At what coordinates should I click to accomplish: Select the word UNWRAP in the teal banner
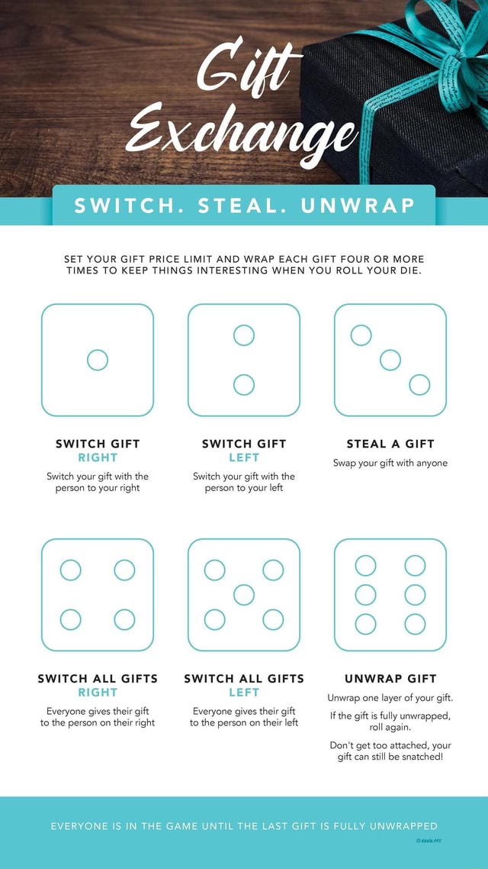(358, 205)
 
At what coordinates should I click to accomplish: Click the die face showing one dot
(98, 360)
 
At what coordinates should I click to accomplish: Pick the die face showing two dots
(244, 360)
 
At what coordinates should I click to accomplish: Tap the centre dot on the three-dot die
(390, 360)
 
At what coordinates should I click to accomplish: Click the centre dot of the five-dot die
(244, 594)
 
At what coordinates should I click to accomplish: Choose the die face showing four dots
(98, 594)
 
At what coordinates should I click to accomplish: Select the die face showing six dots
(390, 594)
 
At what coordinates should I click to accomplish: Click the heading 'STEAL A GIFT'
(390, 444)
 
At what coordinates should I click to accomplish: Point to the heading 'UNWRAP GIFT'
(390, 678)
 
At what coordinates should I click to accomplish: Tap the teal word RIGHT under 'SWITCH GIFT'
(98, 458)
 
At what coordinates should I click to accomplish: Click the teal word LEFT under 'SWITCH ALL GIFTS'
(244, 693)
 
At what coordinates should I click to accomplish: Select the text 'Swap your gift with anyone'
(390, 463)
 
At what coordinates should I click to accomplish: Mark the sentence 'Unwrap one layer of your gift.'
(390, 698)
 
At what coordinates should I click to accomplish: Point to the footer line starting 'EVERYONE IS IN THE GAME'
(244, 825)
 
